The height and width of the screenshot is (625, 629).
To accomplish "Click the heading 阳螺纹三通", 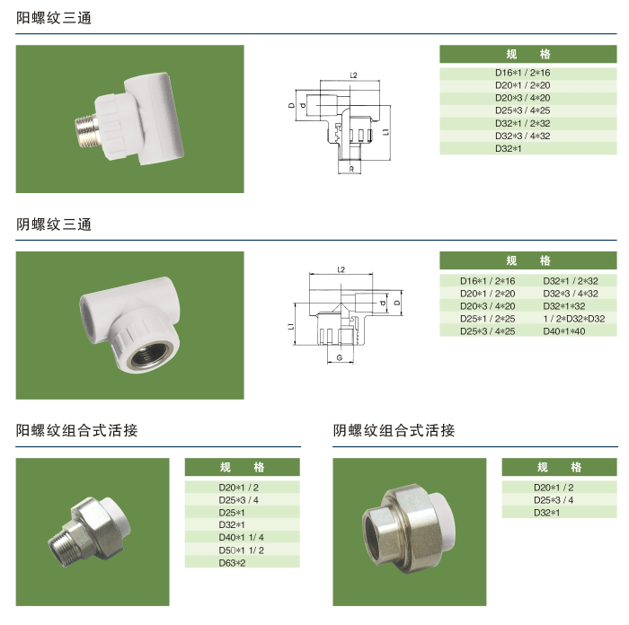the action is (x=54, y=18).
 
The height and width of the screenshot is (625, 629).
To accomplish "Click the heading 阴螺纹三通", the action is (x=54, y=224).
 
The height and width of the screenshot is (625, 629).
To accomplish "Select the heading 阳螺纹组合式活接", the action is (x=76, y=430).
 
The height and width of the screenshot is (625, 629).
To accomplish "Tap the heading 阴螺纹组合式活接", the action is (x=394, y=430).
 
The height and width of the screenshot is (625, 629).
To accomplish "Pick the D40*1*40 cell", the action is (x=564, y=331).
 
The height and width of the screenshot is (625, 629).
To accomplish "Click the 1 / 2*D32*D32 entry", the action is (x=573, y=319).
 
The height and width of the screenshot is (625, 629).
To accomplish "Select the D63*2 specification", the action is (x=232, y=563).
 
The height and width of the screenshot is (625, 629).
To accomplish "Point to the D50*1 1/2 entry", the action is (x=241, y=550).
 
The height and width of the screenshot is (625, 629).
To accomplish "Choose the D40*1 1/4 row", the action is (x=241, y=537).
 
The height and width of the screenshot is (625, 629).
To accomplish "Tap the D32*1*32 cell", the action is (x=564, y=306).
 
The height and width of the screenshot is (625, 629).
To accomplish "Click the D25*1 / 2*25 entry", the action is (x=487, y=319).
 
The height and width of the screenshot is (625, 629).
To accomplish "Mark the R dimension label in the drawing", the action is (x=351, y=169).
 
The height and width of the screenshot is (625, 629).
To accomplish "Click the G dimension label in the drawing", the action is (x=340, y=357).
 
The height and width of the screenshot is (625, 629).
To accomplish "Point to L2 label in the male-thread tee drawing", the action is (x=353, y=75).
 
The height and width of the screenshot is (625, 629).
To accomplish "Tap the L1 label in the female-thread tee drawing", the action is (x=291, y=326).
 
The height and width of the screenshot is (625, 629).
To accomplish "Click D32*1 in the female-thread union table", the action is (x=546, y=513).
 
